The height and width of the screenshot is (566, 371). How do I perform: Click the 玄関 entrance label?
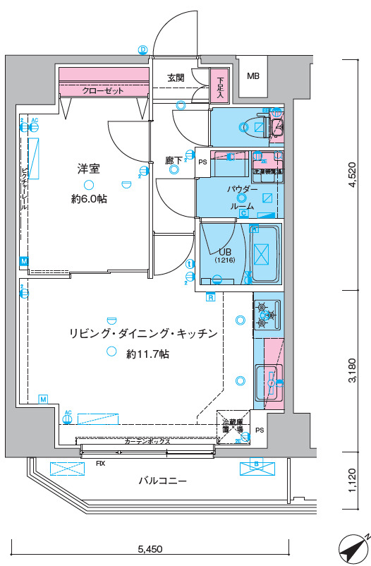tap(176, 78)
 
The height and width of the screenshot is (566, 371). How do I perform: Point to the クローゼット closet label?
tap(103, 91)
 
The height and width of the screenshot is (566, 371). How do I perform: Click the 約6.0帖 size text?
tap(89, 200)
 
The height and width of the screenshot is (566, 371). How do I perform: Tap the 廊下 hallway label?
tap(174, 161)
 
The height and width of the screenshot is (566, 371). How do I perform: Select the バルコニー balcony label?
tap(162, 481)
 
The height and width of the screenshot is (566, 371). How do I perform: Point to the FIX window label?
tap(101, 464)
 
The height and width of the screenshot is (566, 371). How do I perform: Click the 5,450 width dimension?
tap(150, 548)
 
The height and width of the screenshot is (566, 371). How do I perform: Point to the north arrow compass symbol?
tap(352, 547)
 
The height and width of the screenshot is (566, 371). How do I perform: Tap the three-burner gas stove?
tap(267, 315)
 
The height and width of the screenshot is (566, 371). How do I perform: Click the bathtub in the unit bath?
tap(262, 253)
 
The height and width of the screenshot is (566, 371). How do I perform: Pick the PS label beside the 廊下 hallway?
tap(202, 162)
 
